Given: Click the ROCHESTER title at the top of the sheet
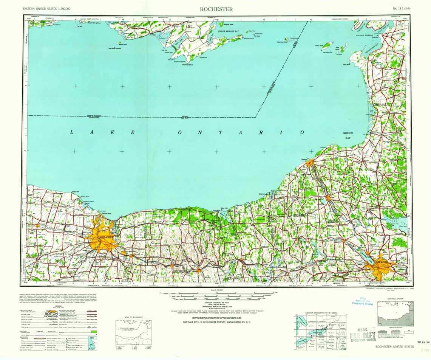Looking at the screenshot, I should [x=216, y=9].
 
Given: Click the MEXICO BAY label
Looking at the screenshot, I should [x=348, y=136].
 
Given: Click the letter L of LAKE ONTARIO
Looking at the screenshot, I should [x=72, y=132].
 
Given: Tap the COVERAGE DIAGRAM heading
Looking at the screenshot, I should [x=395, y=298].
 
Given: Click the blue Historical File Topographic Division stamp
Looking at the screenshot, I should [x=361, y=303].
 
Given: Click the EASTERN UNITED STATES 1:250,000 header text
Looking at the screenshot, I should [x=46, y=8].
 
